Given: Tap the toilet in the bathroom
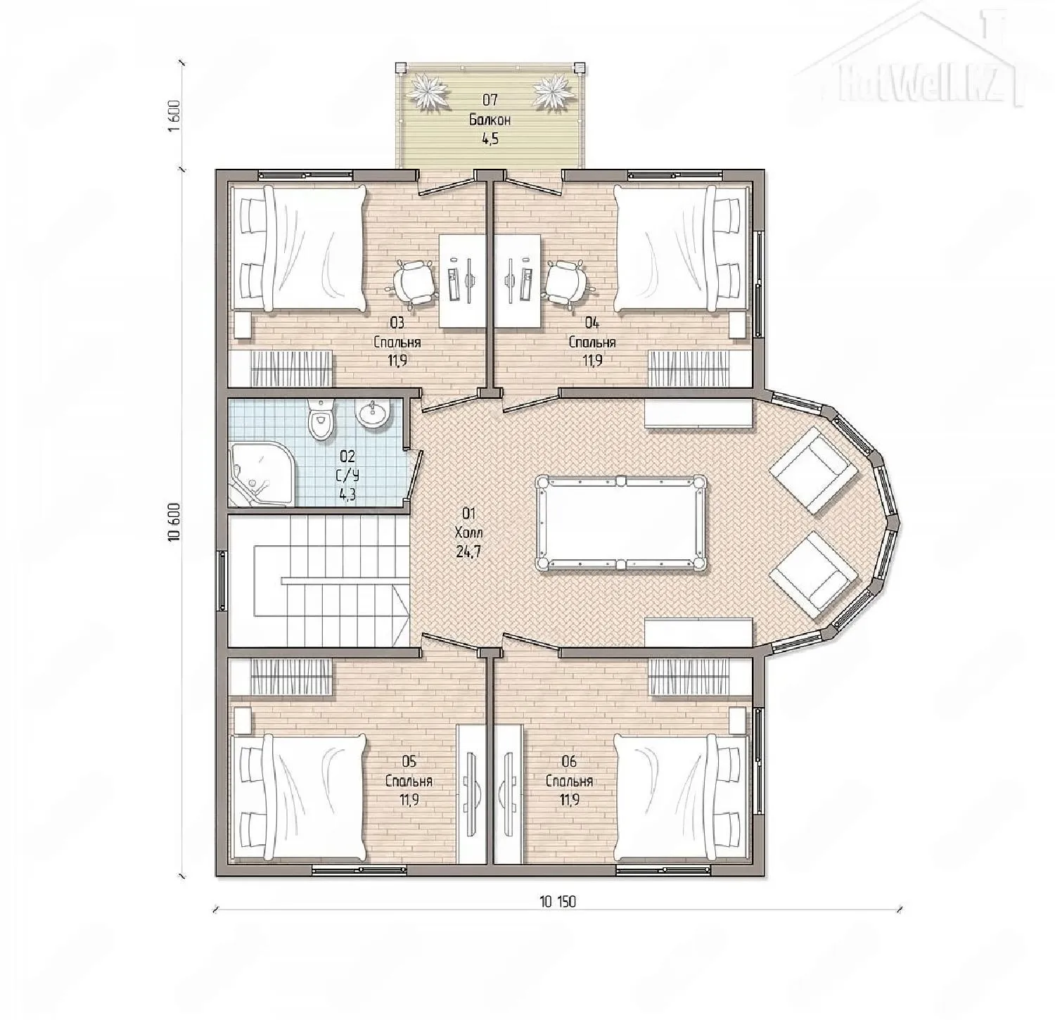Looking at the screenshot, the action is (x=321, y=420).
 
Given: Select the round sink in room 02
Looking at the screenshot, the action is (x=372, y=414).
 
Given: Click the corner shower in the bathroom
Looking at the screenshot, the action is (x=258, y=473).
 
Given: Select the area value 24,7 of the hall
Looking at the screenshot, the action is (x=468, y=552).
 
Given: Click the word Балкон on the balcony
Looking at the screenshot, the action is (x=490, y=120).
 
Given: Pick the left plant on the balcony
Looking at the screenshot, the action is (x=428, y=92).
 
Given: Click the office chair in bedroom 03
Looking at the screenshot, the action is (x=413, y=282).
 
